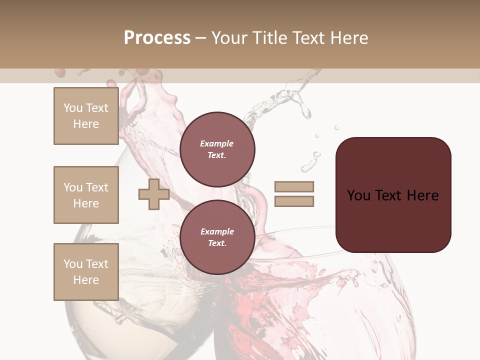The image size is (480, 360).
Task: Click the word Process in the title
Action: click(157, 38)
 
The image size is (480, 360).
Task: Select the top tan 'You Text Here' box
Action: click(86, 116)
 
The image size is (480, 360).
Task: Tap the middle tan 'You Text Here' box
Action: click(86, 195)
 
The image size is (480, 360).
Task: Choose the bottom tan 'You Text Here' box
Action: click(86, 272)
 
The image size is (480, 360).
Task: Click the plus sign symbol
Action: click(153, 194)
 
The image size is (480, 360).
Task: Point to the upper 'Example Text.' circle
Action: click(217, 149)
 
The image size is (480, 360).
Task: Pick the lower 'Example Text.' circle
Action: click(217, 237)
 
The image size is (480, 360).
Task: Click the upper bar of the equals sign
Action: click(294, 186)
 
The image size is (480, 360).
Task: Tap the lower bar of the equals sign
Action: click(294, 201)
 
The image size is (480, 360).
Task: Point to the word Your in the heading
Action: click(229, 38)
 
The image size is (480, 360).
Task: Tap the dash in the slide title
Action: click(200, 38)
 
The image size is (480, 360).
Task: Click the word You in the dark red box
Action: click(358, 195)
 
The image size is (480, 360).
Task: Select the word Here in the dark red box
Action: click(423, 195)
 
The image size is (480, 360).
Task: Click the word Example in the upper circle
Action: click(217, 143)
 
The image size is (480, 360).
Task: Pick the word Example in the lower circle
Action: click(217, 231)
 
